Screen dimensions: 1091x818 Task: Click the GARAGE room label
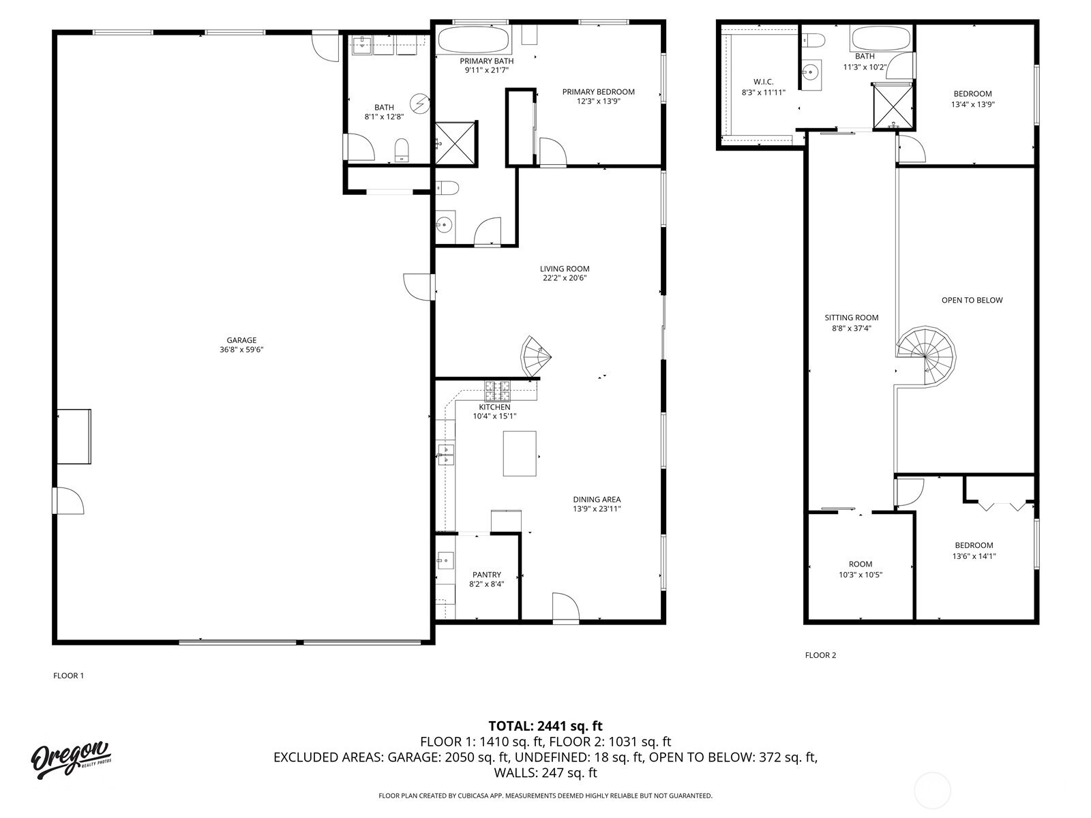(x=241, y=340)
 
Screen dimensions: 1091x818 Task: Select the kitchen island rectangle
(x=520, y=453)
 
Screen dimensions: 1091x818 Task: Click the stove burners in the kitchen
(x=498, y=391)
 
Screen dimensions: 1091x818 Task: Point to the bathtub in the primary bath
(x=474, y=40)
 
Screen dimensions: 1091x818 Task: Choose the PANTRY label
(x=487, y=575)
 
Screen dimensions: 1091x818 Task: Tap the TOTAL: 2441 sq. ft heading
(x=545, y=726)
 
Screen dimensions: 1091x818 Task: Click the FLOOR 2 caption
(x=820, y=655)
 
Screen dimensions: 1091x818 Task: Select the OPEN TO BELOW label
(x=972, y=300)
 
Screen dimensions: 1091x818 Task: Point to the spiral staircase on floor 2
(x=926, y=356)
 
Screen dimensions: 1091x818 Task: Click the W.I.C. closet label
(x=764, y=82)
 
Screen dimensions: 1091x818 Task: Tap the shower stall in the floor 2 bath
(x=893, y=106)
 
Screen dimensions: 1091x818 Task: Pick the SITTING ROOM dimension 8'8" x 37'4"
(x=852, y=329)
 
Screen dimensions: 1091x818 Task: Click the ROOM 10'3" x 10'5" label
(x=861, y=569)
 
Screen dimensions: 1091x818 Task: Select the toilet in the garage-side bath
(x=402, y=151)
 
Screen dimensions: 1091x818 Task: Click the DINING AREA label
(x=597, y=500)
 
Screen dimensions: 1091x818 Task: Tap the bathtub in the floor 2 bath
(x=881, y=38)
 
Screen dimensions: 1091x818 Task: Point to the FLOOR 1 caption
(x=69, y=676)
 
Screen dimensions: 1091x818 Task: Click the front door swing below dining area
(x=566, y=607)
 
